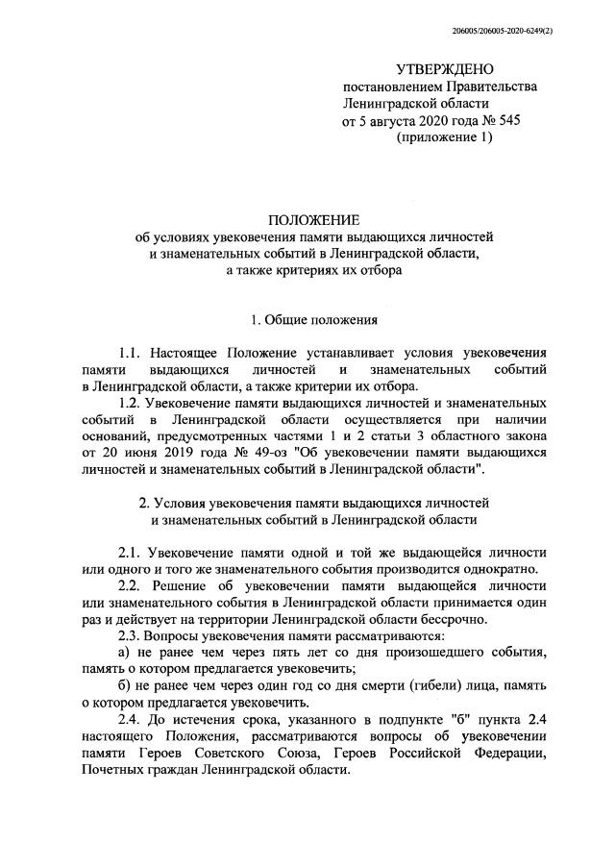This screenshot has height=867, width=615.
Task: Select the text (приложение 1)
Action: [444, 137]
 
